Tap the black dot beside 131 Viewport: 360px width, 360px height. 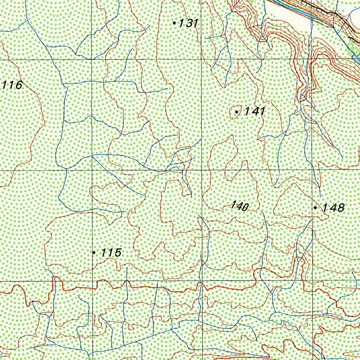174,23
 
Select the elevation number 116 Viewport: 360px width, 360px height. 12,85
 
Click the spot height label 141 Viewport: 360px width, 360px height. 255,111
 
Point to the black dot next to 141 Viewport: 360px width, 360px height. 237,112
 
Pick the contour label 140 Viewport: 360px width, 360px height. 240,206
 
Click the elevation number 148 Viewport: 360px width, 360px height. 333,208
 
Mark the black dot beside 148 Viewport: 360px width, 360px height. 315,208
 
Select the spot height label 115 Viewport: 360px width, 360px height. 111,252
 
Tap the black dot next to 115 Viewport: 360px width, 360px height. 94,252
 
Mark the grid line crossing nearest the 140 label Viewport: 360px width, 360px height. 202,170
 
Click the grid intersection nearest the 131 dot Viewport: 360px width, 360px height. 201,60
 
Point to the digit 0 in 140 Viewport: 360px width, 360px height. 245,207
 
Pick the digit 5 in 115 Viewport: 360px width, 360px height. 118,252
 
